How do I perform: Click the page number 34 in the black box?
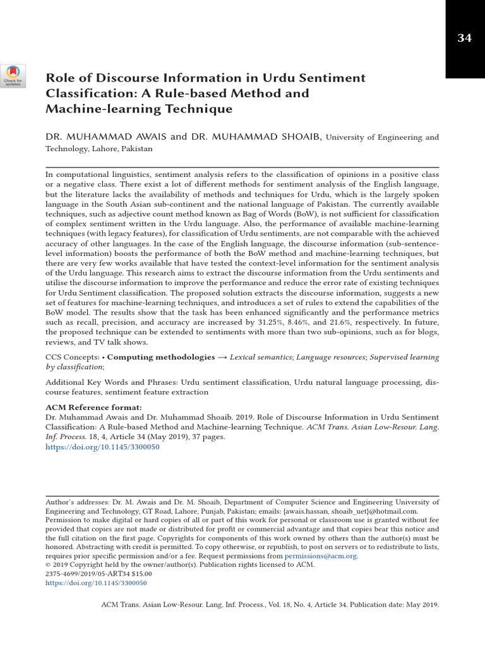464,39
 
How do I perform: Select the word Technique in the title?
201,109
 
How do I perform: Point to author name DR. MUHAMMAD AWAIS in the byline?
105,137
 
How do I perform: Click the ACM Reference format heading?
93,407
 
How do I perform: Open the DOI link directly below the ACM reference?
102,447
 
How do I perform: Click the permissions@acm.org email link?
321,556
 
